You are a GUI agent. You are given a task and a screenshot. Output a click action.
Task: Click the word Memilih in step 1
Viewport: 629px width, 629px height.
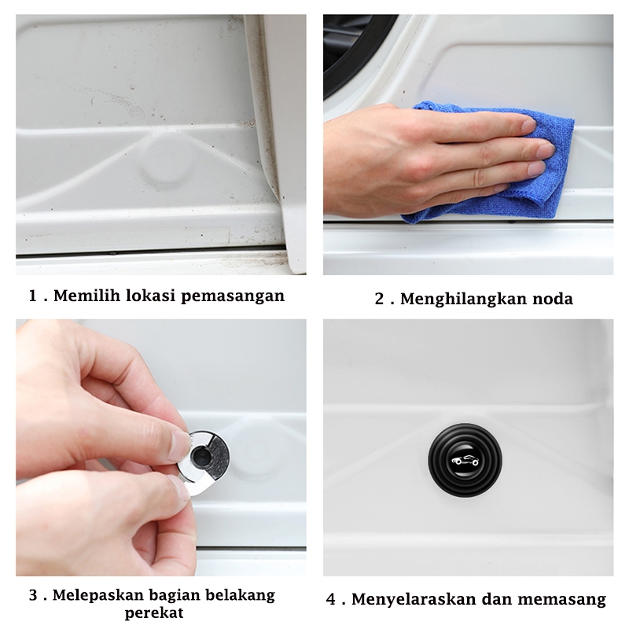[x=86, y=296]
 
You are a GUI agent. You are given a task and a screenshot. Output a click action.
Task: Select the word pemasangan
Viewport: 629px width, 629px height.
[x=233, y=296]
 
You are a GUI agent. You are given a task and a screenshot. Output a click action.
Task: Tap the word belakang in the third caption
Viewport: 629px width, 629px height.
[x=241, y=595]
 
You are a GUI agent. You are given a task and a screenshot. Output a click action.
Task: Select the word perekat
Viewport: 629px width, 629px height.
[x=154, y=613]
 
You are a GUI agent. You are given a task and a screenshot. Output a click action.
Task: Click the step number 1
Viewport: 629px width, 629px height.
[x=32, y=296]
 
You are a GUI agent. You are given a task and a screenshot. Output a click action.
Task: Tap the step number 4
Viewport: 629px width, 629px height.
[x=330, y=599]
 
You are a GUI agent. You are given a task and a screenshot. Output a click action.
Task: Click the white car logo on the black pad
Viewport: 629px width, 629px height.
[x=465, y=461]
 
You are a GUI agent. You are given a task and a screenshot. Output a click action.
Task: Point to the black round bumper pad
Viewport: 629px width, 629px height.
[x=465, y=460]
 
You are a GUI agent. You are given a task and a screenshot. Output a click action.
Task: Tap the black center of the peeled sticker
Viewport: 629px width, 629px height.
[x=200, y=456]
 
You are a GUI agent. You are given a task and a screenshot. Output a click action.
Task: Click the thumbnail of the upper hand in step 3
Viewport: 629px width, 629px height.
[x=178, y=445]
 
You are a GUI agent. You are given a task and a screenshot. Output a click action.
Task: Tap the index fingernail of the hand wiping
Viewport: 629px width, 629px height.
[x=529, y=125]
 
